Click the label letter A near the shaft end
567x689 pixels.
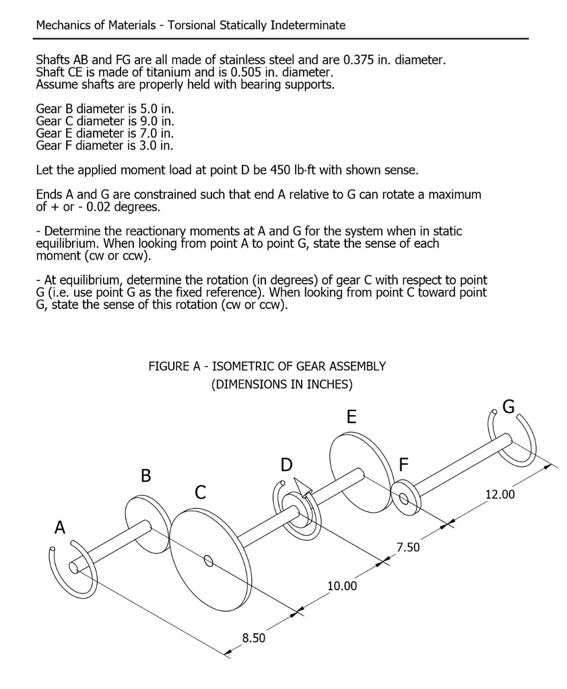[61, 528]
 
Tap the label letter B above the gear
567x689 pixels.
[145, 476]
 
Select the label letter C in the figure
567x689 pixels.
[200, 493]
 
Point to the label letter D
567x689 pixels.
[287, 465]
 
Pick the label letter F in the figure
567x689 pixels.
[404, 465]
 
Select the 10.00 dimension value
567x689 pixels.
[341, 586]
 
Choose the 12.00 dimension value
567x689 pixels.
[500, 495]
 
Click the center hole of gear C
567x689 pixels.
[208, 560]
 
